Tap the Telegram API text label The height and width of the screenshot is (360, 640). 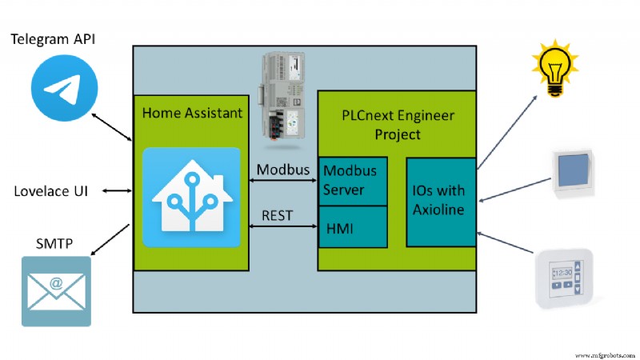58,38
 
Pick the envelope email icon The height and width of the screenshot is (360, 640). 55,290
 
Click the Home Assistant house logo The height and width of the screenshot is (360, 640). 191,197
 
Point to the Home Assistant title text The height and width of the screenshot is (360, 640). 192,114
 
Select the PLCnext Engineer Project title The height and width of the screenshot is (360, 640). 398,125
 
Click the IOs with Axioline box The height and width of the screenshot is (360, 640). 441,202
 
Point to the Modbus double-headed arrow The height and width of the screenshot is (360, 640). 283,181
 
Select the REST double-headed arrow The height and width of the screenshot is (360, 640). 283,227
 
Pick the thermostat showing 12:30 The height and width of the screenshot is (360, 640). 563,277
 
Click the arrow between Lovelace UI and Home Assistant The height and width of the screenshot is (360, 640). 118,191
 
